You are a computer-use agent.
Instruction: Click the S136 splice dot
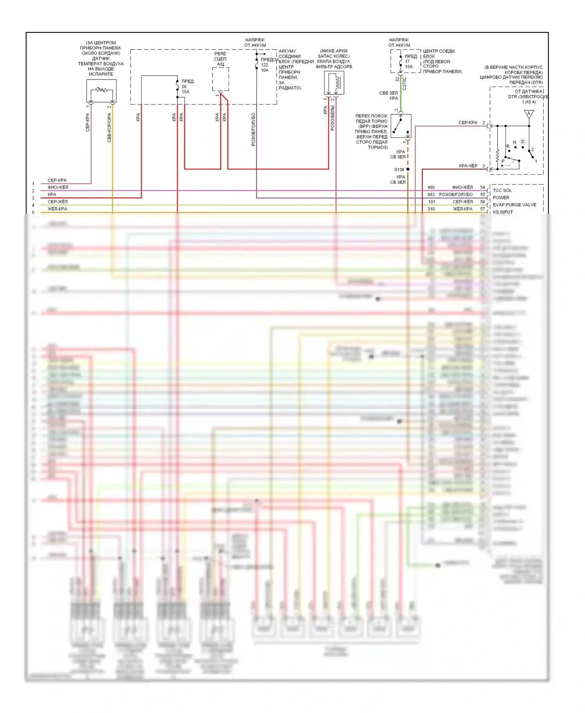pyautogui.click(x=408, y=169)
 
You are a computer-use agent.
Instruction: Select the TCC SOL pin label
pyautogui.click(x=502, y=190)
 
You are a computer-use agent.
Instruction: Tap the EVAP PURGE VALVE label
pyautogui.click(x=514, y=205)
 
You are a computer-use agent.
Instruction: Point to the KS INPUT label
pyautogui.click(x=503, y=212)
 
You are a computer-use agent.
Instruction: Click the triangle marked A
pyautogui.click(x=529, y=114)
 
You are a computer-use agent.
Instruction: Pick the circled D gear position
pyautogui.click(x=523, y=142)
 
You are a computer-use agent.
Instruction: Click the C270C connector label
pyautogui.click(x=404, y=83)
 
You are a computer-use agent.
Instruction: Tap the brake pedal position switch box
pyautogui.click(x=401, y=126)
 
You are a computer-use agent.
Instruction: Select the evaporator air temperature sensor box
pyautogui.click(x=101, y=91)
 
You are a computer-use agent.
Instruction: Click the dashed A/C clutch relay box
pyautogui.click(x=220, y=79)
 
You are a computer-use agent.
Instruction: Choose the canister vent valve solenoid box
pyautogui.click(x=334, y=83)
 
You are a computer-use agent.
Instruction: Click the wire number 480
pyautogui.click(x=431, y=187)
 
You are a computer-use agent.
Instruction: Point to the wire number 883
pyautogui.click(x=431, y=194)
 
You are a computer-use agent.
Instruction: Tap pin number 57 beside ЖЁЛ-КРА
pyautogui.click(x=482, y=209)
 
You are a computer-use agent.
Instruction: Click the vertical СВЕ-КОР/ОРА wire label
pyautogui.click(x=109, y=128)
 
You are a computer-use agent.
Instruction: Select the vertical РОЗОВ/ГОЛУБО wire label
pyautogui.click(x=253, y=129)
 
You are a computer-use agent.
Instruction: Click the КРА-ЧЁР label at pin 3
pyautogui.click(x=468, y=166)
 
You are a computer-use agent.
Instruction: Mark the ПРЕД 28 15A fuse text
pyautogui.click(x=187, y=87)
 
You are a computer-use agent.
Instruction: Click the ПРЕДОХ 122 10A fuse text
pyautogui.click(x=269, y=65)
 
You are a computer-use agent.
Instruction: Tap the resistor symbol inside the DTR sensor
pyautogui.click(x=498, y=156)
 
